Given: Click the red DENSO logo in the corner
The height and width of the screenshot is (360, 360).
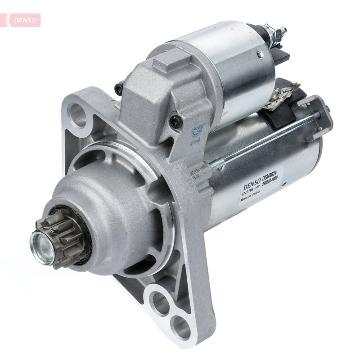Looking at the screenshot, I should point(22,20).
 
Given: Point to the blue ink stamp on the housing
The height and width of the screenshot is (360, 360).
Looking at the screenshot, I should point(197,134).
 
